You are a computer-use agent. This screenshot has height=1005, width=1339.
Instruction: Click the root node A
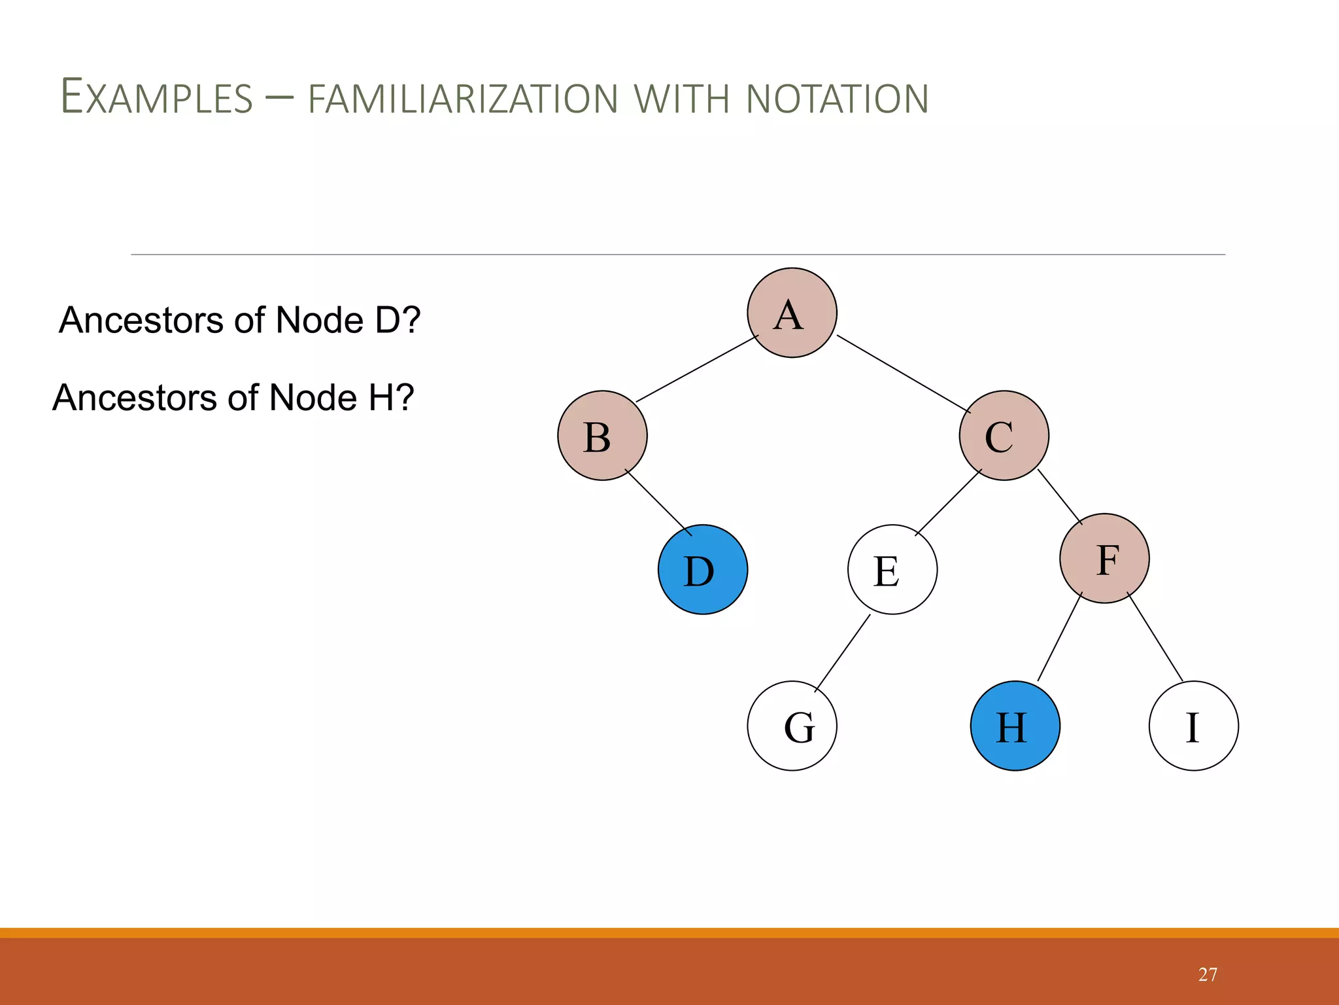[x=792, y=313]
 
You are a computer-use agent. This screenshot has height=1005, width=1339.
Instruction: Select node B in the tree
[x=602, y=436]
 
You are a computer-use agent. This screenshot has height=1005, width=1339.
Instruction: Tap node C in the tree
[x=1004, y=436]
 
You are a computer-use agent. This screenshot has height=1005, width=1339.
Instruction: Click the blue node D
[x=703, y=569]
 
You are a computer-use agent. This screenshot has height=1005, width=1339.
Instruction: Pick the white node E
[x=892, y=569]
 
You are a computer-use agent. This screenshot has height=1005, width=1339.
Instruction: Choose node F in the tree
[x=1104, y=558]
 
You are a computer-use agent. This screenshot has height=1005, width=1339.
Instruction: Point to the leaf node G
[x=792, y=726]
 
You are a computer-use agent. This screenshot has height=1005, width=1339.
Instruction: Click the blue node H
[x=1015, y=726]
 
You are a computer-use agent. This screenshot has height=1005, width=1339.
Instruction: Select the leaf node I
[x=1193, y=726]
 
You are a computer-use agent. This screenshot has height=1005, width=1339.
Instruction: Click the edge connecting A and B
[x=697, y=368]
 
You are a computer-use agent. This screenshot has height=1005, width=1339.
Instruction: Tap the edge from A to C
[x=904, y=374]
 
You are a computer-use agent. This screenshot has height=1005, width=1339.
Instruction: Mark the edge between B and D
[x=658, y=502]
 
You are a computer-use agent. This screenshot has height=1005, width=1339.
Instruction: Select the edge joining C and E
[x=949, y=502]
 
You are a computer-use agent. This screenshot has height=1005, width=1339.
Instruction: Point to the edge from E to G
[x=843, y=652]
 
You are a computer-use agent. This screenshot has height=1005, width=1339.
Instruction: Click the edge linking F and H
[x=1060, y=637]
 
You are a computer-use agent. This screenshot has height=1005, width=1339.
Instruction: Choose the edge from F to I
[x=1155, y=637]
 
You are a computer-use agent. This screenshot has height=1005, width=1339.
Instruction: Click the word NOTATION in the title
[x=837, y=99]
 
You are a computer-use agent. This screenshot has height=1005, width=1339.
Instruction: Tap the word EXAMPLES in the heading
[x=157, y=98]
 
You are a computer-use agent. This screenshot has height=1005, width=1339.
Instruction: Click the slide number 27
[x=1208, y=975]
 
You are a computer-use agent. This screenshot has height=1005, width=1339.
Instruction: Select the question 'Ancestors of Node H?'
[x=233, y=398]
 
